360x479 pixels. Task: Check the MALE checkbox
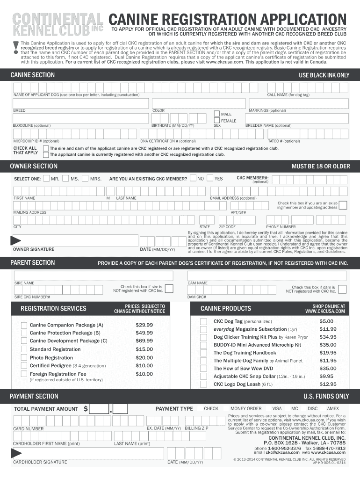217,113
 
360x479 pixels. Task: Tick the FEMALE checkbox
217,120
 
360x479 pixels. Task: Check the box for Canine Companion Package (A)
24,325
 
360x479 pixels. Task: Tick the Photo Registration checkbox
24,358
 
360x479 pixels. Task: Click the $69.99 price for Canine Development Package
144,341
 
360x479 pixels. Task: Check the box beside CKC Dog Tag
203,321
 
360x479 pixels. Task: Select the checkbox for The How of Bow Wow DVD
203,369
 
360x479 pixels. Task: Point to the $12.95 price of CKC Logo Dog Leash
328,384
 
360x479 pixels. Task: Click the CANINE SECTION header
32,75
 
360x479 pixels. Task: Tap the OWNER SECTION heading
34,166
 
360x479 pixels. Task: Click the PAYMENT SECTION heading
34,396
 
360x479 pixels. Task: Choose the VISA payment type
277,408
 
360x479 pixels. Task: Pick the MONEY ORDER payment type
246,408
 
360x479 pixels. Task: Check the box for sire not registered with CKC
169,288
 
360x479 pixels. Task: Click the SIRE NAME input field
93,276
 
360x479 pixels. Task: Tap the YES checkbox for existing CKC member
210,178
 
